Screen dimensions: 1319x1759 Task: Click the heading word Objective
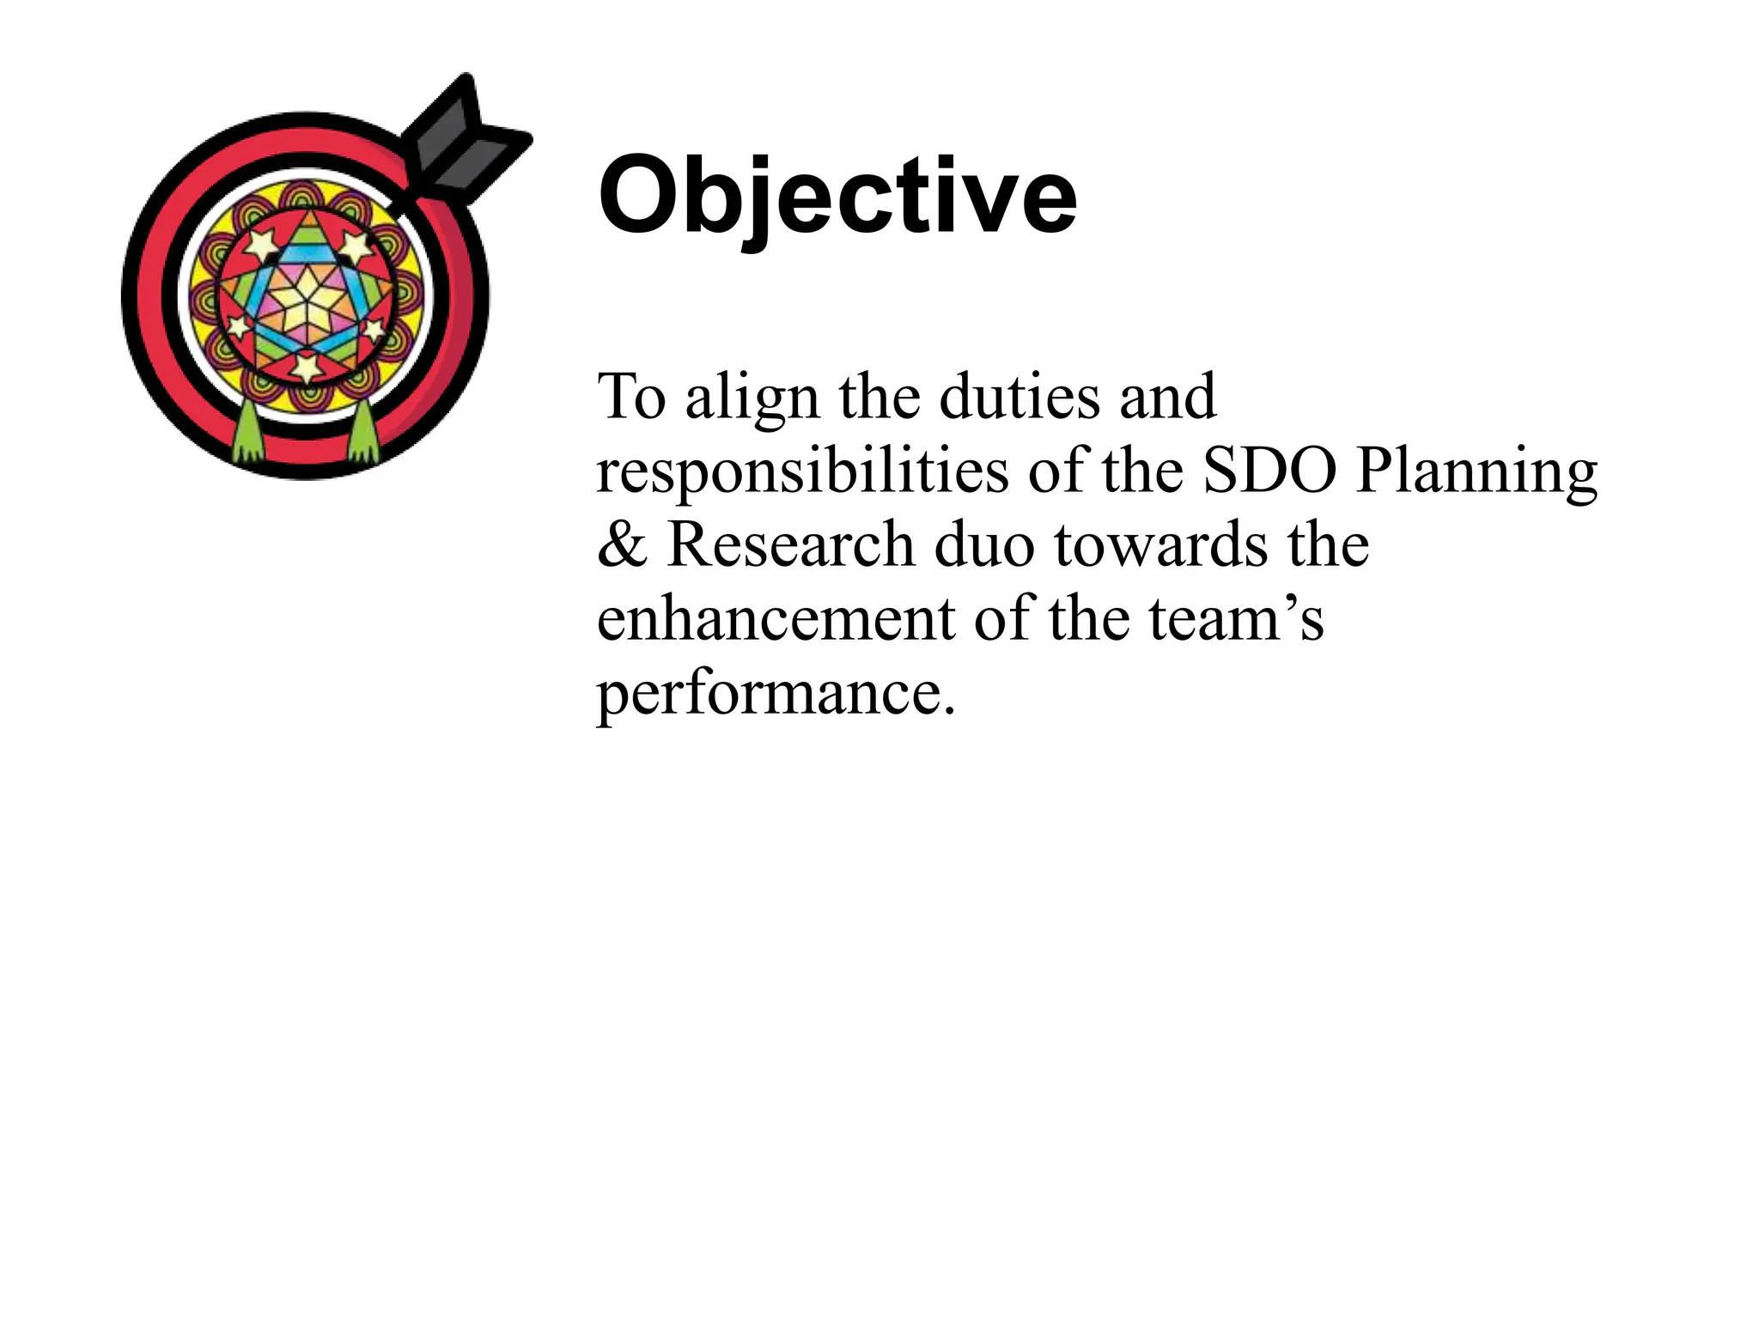click(837, 197)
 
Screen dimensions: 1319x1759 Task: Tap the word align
click(752, 398)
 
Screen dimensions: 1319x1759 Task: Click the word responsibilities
click(802, 471)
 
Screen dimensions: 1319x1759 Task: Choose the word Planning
click(1476, 471)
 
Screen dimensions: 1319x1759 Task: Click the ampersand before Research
click(622, 544)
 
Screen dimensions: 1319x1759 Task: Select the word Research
click(790, 544)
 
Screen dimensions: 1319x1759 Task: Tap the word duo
click(983, 544)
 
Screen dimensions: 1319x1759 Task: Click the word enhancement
click(776, 618)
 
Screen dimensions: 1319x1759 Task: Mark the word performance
click(776, 694)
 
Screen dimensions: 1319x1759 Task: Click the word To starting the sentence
click(631, 398)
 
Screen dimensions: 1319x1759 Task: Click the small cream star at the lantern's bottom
click(306, 368)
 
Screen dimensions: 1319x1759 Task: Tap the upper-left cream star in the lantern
click(259, 246)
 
